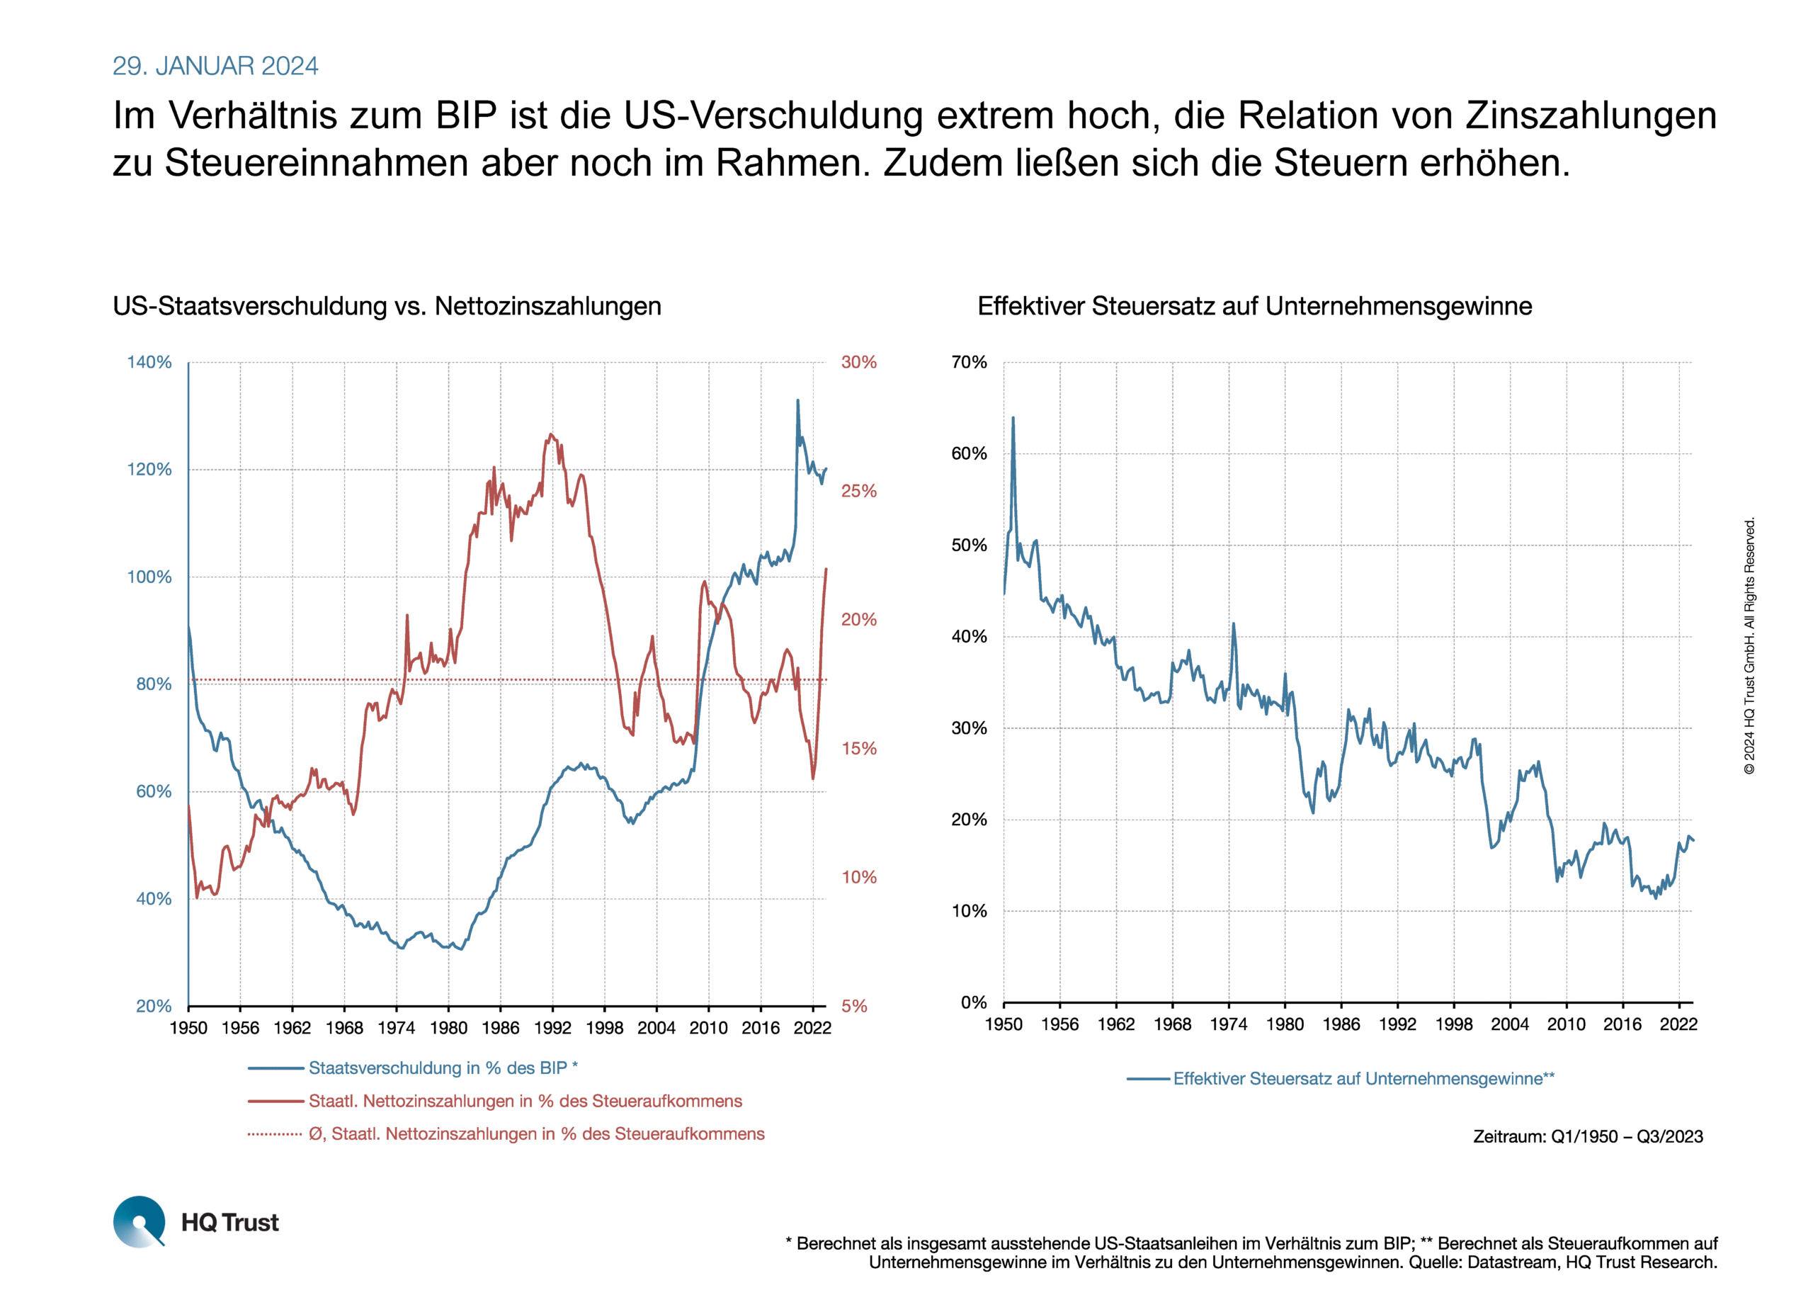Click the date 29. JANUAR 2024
pyautogui.click(x=215, y=66)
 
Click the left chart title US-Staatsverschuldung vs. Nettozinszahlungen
pyautogui.click(x=387, y=306)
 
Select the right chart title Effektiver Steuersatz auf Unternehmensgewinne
pyautogui.click(x=1255, y=306)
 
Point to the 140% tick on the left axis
pyautogui.click(x=149, y=362)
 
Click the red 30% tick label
pyautogui.click(x=859, y=362)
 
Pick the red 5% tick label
pyautogui.click(x=855, y=1007)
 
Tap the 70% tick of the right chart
pyautogui.click(x=969, y=362)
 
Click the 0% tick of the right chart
pyautogui.click(x=974, y=1002)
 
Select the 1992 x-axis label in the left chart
pyautogui.click(x=552, y=1028)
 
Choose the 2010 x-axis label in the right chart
pyautogui.click(x=1566, y=1024)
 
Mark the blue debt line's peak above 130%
pyautogui.click(x=797, y=400)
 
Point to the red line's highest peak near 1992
pyautogui.click(x=551, y=434)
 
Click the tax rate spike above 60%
pyautogui.click(x=1013, y=417)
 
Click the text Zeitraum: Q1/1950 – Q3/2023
pyautogui.click(x=1588, y=1137)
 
